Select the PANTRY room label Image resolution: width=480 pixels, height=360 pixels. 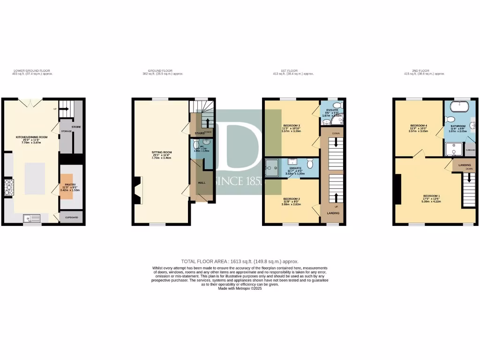coord(66,177)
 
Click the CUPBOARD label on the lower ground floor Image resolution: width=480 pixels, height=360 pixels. coord(72,217)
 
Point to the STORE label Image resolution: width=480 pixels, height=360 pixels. coord(76,127)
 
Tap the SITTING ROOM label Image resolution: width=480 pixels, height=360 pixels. coord(162,153)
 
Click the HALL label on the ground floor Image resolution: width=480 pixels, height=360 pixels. coord(202,183)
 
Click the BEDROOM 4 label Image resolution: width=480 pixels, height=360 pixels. coord(418,126)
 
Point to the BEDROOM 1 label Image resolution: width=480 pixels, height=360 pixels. coord(432,195)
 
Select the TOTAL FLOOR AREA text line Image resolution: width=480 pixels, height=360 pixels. coord(240,261)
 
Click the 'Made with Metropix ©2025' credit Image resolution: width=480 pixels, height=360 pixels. coord(240,288)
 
